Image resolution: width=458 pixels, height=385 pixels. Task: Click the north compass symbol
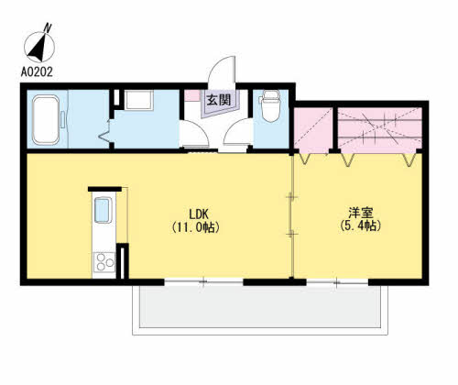click(39, 45)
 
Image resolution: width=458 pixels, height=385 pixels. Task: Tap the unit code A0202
click(37, 72)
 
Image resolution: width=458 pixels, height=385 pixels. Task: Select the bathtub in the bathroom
click(46, 119)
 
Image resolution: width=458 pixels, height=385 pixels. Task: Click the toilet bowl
click(271, 106)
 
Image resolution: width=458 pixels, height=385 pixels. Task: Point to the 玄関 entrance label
click(219, 100)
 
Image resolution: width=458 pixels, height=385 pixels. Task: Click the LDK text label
click(199, 214)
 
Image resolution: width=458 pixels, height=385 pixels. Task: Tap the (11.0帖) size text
click(195, 227)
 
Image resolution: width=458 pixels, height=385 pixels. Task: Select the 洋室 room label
click(361, 213)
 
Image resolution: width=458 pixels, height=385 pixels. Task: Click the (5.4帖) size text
click(360, 225)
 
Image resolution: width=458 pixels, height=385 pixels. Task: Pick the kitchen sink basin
click(103, 210)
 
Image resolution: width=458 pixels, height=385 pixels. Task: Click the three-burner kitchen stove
click(104, 262)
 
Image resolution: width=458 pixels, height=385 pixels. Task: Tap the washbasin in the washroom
click(138, 100)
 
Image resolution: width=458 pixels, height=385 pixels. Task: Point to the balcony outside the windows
click(260, 310)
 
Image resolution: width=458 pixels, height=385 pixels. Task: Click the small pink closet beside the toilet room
click(313, 129)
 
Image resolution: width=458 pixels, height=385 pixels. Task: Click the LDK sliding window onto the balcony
click(203, 282)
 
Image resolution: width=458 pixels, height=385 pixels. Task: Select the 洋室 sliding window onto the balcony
click(337, 282)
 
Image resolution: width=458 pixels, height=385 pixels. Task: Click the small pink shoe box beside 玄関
click(192, 95)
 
